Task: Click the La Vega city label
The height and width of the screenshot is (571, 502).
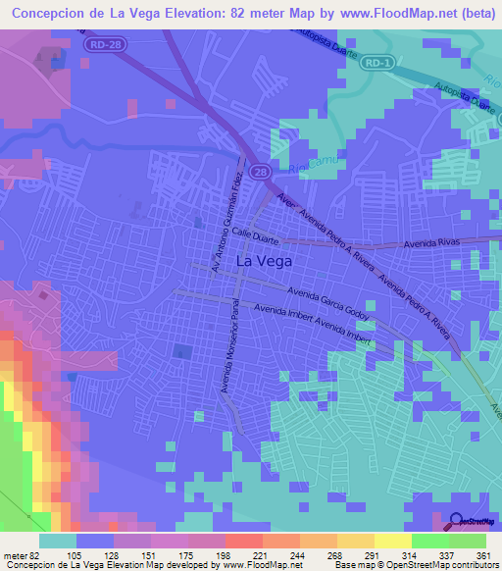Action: click(x=265, y=262)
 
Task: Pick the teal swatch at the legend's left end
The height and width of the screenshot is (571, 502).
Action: click(x=58, y=541)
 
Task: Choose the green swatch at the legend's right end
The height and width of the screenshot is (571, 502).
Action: click(x=467, y=541)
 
